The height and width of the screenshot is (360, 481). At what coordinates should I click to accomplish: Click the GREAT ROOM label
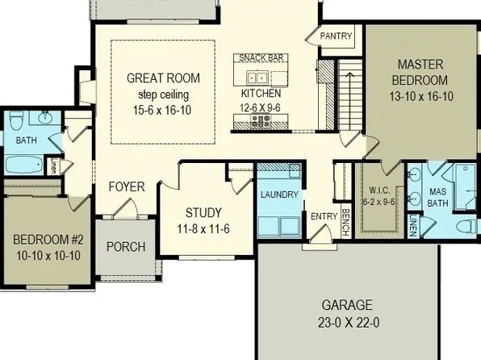(162, 78)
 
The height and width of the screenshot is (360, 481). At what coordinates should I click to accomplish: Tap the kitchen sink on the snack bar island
(257, 78)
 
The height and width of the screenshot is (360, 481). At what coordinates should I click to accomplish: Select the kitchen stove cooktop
(261, 122)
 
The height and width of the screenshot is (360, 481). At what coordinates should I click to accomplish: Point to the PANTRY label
(336, 37)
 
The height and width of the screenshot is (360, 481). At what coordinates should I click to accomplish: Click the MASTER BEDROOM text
(419, 72)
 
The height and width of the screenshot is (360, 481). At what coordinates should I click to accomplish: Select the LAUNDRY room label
(279, 195)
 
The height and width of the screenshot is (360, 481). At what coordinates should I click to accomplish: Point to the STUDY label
(203, 213)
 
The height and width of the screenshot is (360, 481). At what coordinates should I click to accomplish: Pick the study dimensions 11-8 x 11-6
(203, 228)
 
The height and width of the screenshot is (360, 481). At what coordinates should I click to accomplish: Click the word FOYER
(127, 187)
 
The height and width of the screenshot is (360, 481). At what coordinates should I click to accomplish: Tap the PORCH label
(127, 247)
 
